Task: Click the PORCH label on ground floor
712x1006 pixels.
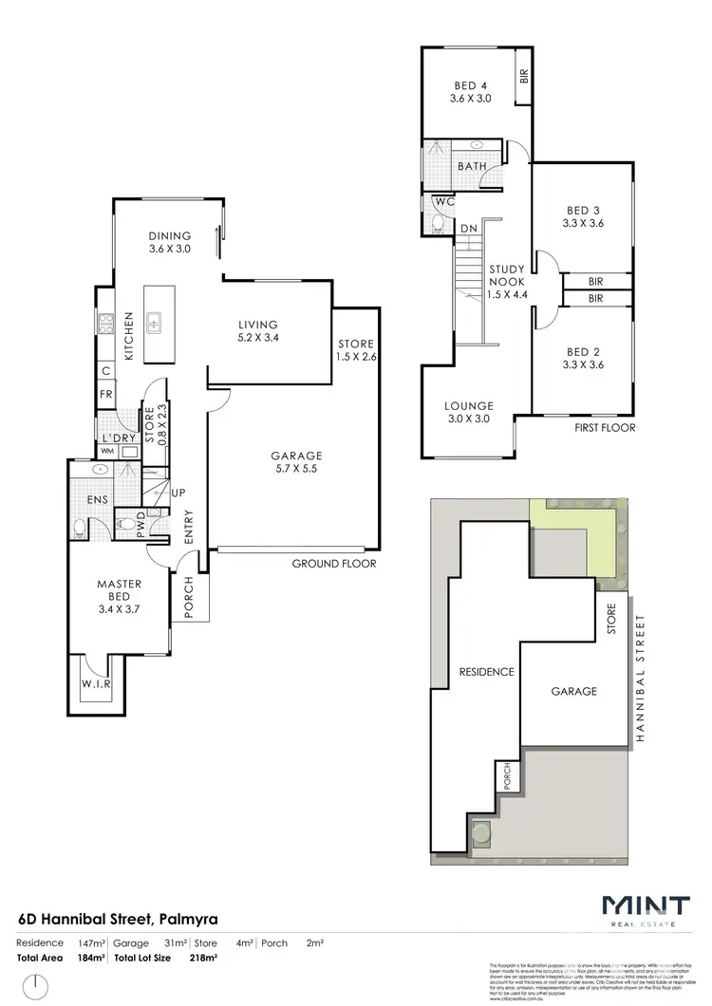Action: coord(188,598)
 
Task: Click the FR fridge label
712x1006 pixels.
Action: coord(106,394)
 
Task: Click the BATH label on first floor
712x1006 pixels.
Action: coord(472,167)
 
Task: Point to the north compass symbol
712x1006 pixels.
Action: coord(35,986)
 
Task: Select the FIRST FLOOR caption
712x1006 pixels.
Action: coord(604,427)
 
